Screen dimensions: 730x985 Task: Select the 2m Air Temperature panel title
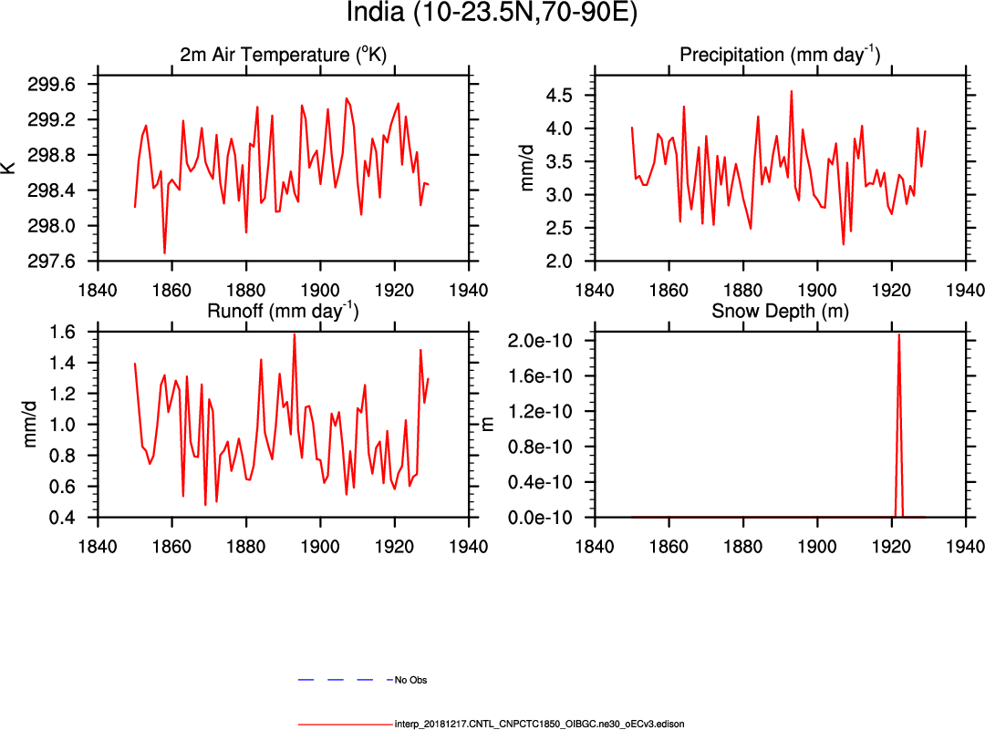(x=283, y=56)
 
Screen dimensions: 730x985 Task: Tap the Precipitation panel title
(x=780, y=56)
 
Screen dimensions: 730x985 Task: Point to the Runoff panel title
(x=283, y=311)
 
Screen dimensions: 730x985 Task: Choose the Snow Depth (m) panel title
(x=780, y=311)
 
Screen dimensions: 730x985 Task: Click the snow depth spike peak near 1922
(x=898, y=334)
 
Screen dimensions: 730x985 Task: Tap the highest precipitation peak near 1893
(x=791, y=91)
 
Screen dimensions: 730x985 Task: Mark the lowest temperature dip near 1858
(x=164, y=252)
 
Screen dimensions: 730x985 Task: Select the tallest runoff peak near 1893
(x=294, y=334)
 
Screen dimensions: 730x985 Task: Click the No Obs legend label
(x=410, y=680)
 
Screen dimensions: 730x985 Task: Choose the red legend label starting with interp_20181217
(x=539, y=724)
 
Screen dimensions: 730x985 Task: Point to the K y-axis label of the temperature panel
(x=8, y=167)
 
